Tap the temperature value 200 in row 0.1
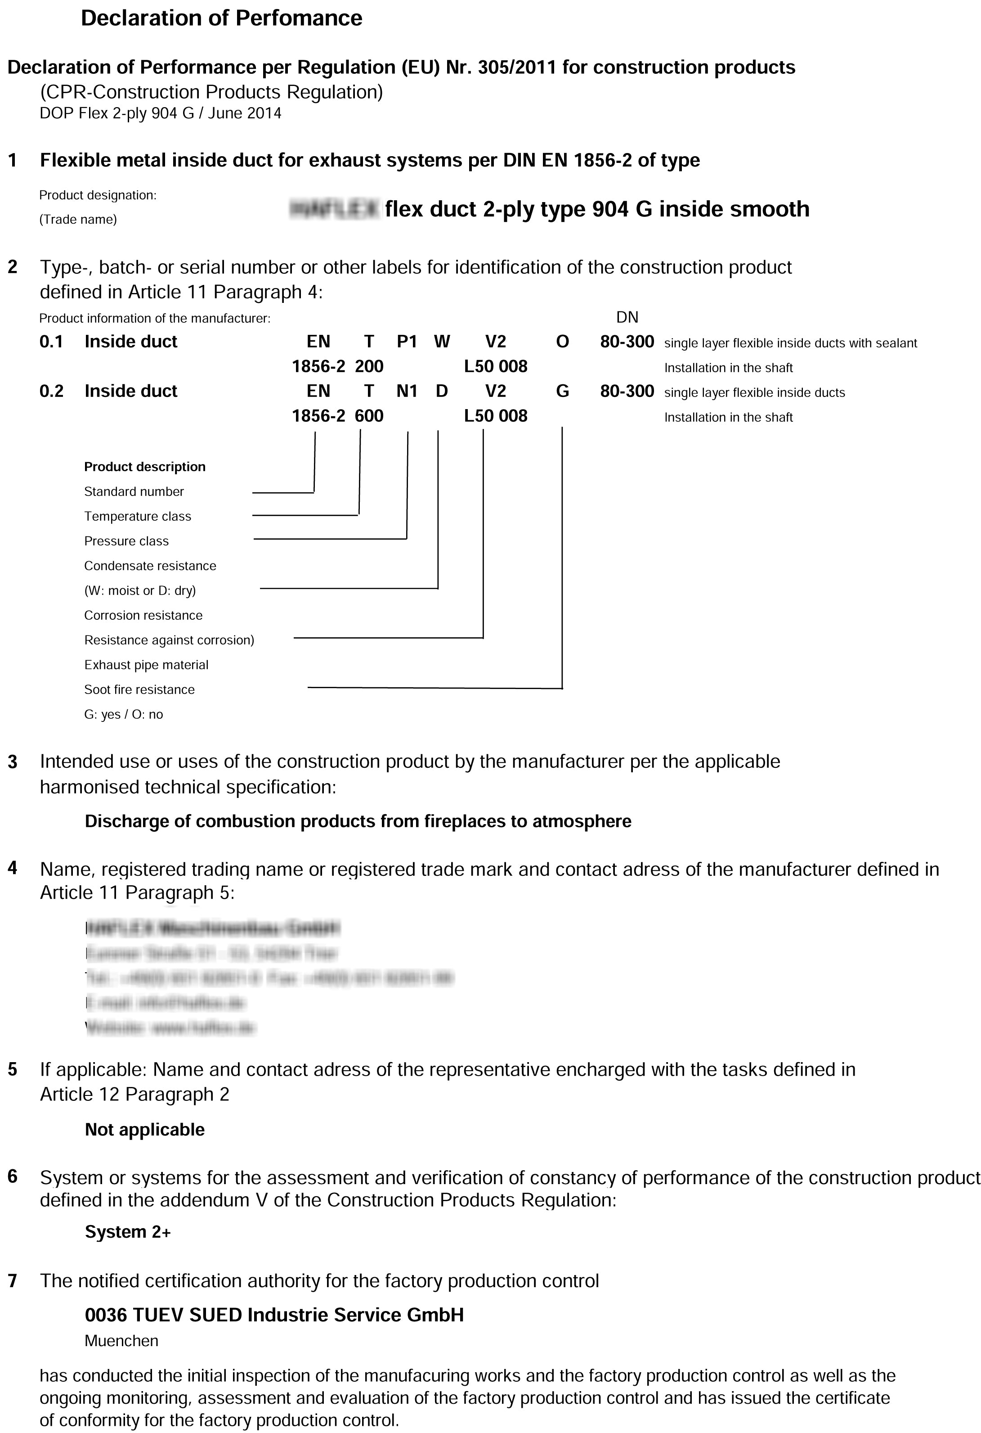tap(369, 366)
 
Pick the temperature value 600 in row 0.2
tap(369, 415)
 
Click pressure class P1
tap(407, 342)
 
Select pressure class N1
tap(407, 391)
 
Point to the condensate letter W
tap(442, 342)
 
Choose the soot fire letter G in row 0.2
tap(562, 391)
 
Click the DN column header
tap(627, 318)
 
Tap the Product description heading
tap(145, 467)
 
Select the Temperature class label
tap(138, 516)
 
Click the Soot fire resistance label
tap(139, 689)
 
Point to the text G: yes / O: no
tap(123, 714)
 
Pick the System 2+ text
tap(128, 1232)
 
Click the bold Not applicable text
tap(145, 1130)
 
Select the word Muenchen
tap(121, 1340)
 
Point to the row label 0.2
tap(51, 391)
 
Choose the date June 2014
tap(244, 113)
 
